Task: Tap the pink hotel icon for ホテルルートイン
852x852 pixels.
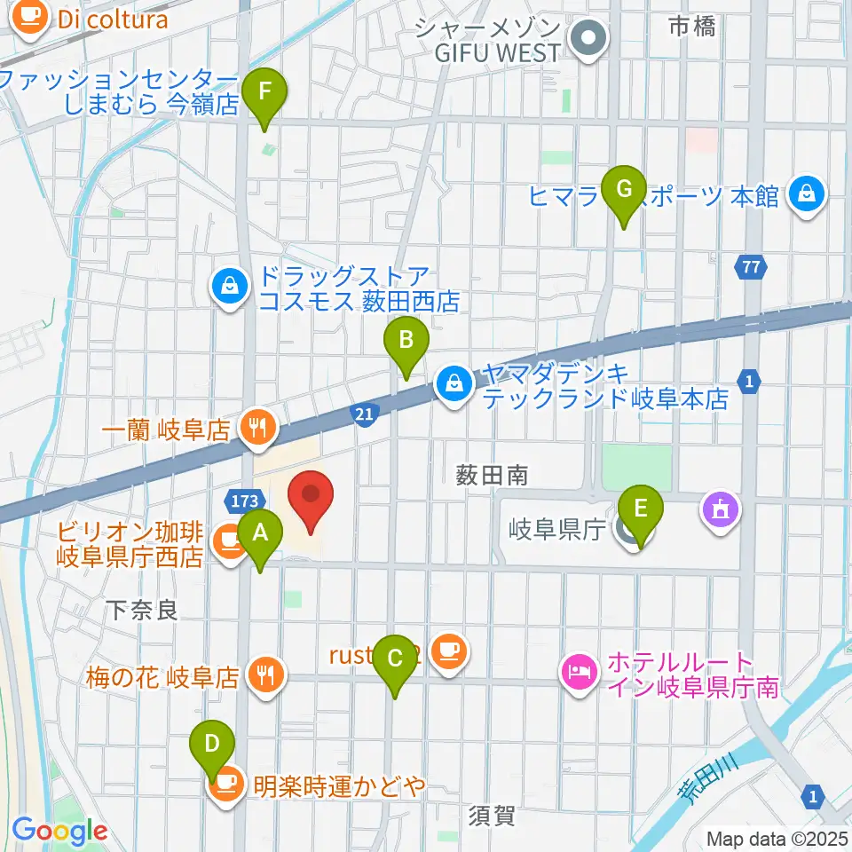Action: click(579, 668)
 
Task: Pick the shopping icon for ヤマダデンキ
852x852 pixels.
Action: click(454, 385)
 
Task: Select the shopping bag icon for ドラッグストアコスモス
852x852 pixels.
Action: click(230, 288)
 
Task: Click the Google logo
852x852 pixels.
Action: click(60, 831)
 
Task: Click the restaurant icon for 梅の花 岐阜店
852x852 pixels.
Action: click(265, 674)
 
